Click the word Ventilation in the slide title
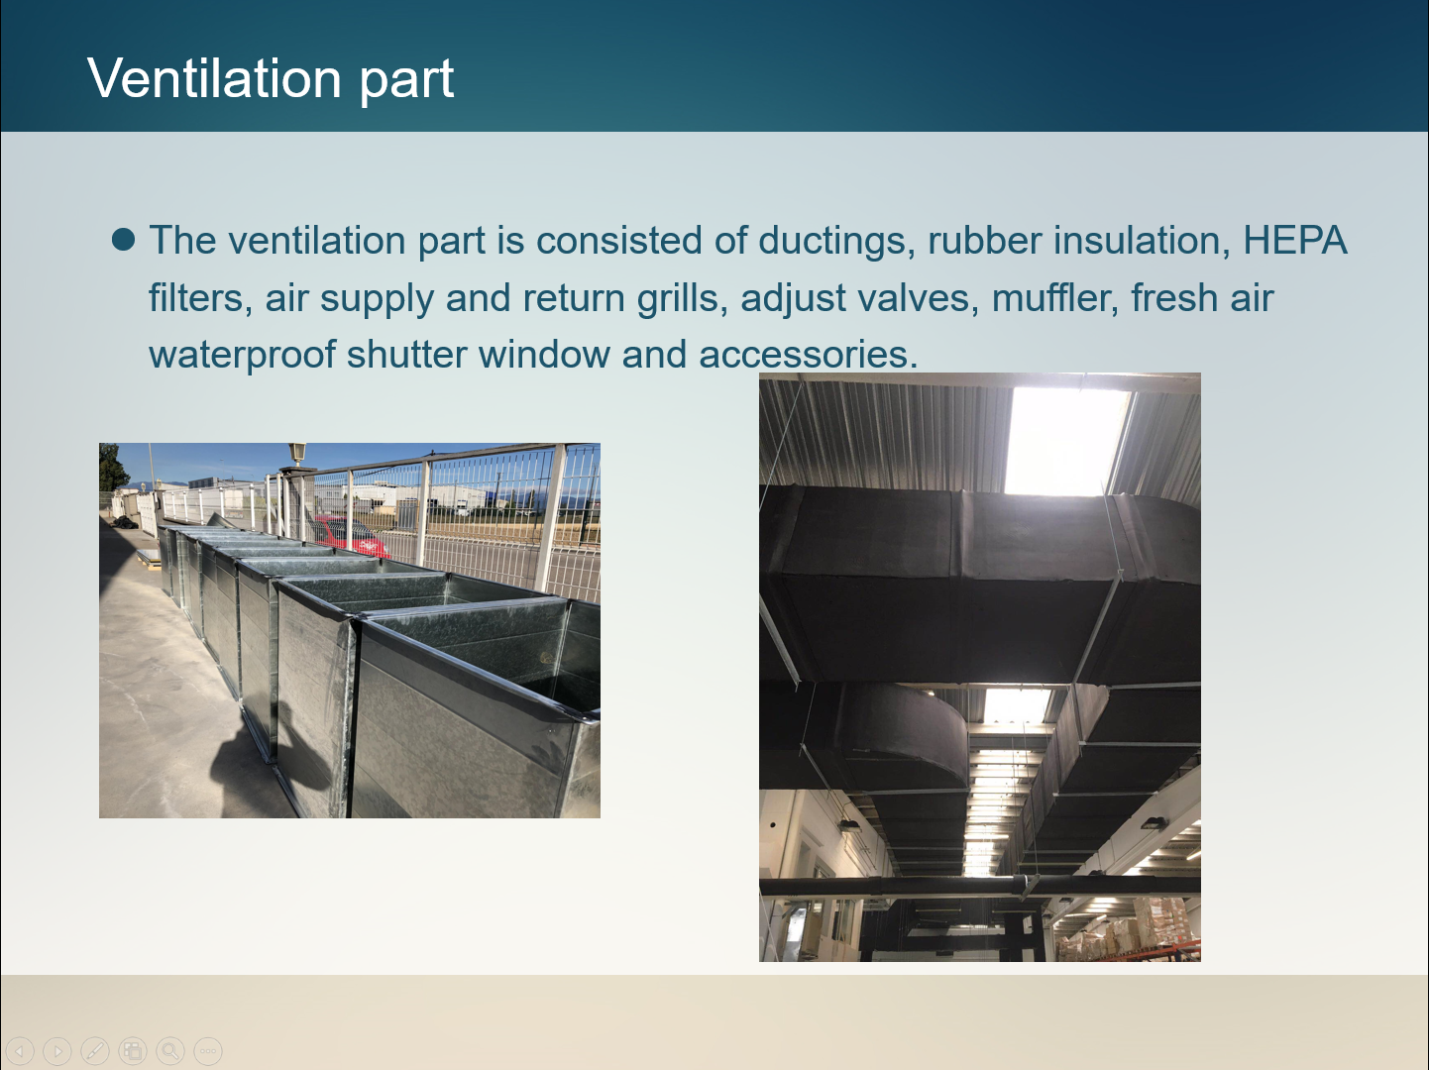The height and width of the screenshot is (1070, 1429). [x=214, y=78]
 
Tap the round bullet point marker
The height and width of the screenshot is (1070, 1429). [x=124, y=240]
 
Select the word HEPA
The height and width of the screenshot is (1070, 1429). [x=1294, y=240]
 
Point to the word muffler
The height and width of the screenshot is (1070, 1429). [x=1054, y=297]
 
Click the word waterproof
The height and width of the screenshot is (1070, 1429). [x=242, y=355]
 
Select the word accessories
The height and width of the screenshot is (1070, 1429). [x=808, y=355]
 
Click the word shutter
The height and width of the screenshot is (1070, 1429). [x=406, y=355]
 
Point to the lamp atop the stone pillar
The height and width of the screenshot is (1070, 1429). [x=297, y=454]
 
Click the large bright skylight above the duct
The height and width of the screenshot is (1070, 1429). [x=1066, y=441]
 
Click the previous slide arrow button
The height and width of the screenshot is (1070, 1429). [x=20, y=1050]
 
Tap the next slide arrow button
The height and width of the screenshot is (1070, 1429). [x=57, y=1050]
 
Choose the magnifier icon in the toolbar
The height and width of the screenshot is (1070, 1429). [x=169, y=1050]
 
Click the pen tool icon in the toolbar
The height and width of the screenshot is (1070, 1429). [x=95, y=1050]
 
